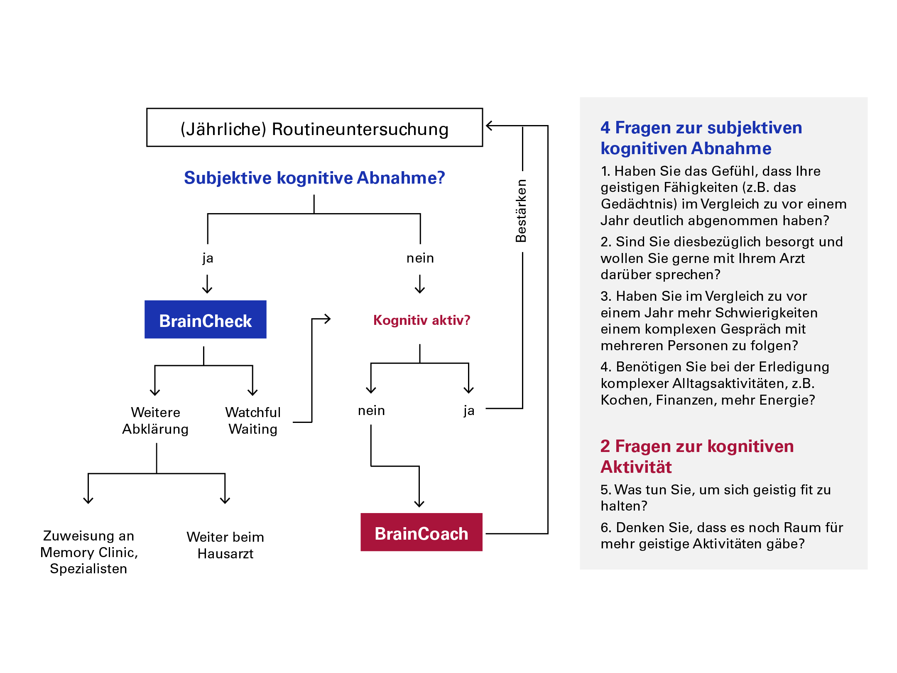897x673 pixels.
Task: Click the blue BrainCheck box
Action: (205, 319)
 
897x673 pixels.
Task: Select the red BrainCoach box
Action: (421, 532)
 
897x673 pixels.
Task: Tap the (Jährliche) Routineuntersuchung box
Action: (314, 128)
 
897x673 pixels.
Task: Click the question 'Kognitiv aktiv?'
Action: (422, 320)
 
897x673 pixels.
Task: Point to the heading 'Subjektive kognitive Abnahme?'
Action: (314, 178)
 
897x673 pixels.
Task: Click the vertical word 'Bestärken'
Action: (521, 211)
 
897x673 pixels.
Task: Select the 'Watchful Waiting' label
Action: (253, 420)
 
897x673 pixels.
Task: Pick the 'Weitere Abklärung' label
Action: (155, 420)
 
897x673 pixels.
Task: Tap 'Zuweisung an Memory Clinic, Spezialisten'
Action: (89, 552)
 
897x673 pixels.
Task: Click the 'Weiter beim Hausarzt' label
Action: (225, 545)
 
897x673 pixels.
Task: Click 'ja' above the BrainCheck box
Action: (208, 258)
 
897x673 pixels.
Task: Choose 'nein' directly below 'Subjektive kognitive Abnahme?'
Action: (420, 258)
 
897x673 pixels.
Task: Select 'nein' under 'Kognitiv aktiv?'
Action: (371, 410)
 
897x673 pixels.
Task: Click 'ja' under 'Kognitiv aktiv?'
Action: (469, 410)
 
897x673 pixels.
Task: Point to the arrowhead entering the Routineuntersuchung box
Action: (489, 125)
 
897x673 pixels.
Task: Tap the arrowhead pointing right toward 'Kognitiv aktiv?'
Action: (328, 319)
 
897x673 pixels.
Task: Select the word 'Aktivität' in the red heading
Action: (636, 467)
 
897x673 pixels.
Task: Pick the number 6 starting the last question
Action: (605, 528)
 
